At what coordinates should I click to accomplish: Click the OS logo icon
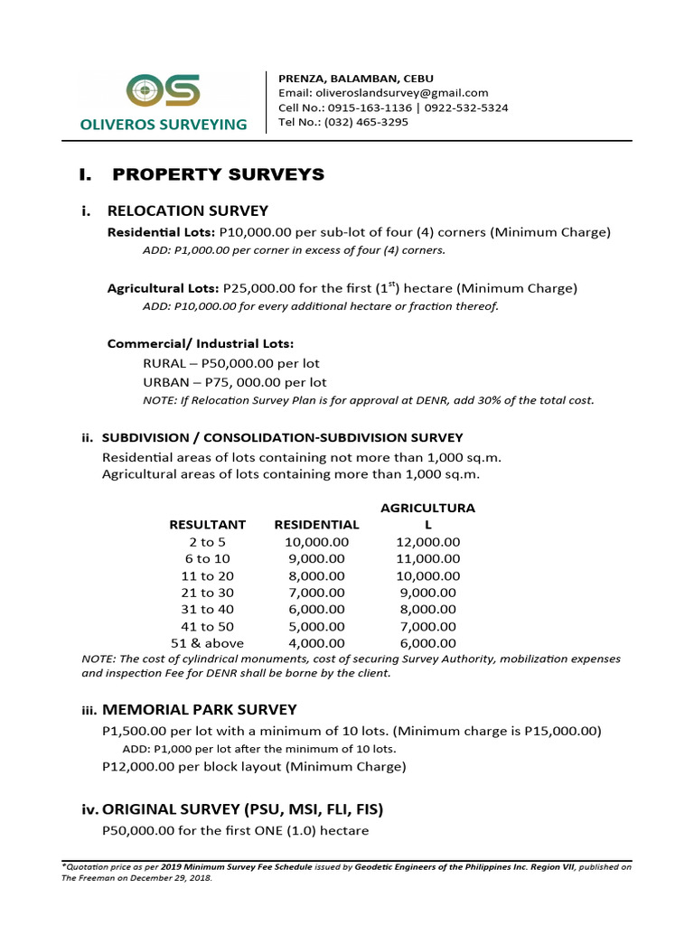(x=164, y=90)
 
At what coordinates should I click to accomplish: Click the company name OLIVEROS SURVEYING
(x=164, y=125)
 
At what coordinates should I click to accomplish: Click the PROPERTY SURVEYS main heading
(x=216, y=174)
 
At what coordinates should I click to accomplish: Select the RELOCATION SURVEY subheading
(x=187, y=211)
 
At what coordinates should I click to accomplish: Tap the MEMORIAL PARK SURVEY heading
(x=199, y=710)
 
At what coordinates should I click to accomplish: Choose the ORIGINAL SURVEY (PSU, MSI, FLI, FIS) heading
(x=248, y=809)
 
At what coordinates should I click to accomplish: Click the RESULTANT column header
(x=207, y=525)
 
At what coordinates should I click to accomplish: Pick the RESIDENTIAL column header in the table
(x=316, y=525)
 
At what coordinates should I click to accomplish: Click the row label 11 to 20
(x=207, y=576)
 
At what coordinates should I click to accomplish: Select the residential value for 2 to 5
(x=315, y=542)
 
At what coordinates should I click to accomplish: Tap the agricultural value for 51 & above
(x=427, y=644)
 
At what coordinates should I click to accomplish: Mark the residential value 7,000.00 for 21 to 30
(x=315, y=593)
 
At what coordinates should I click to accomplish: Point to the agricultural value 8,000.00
(x=427, y=610)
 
